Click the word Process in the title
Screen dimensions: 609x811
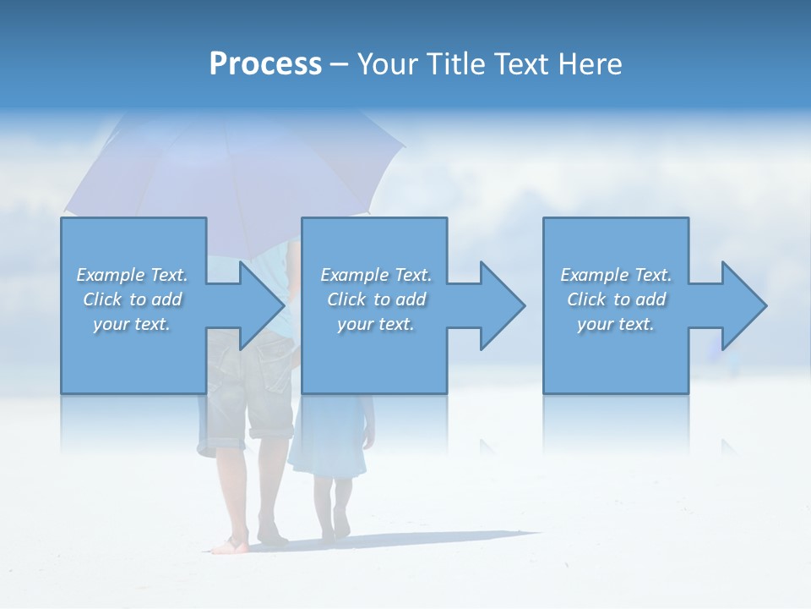265,64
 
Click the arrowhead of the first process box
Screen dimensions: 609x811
262,305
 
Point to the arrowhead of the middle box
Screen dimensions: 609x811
503,305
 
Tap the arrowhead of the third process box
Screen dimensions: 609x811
744,305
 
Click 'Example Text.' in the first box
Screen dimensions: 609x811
132,275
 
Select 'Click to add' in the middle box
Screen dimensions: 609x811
376,299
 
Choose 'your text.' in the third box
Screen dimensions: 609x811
616,324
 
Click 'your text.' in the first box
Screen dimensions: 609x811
132,324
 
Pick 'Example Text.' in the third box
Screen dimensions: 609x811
616,275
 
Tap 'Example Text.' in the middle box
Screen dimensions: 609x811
376,275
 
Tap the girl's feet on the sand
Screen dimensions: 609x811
335,529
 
